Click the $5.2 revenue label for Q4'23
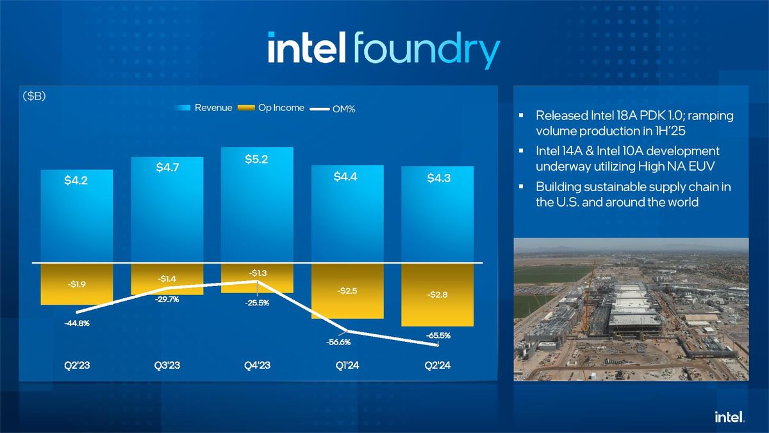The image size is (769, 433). coord(256,159)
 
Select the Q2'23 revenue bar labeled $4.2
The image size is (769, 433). coord(76,218)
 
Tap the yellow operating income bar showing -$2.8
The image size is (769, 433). coord(437,295)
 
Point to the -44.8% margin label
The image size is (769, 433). coord(77,323)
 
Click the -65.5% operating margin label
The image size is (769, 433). coord(438,335)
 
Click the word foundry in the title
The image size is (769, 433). coord(426,49)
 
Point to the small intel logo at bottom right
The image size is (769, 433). coord(729,417)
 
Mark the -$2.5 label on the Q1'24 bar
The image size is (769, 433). coord(347,291)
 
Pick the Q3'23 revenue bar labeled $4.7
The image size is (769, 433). coord(167,212)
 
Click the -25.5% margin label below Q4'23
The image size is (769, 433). coord(256,303)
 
